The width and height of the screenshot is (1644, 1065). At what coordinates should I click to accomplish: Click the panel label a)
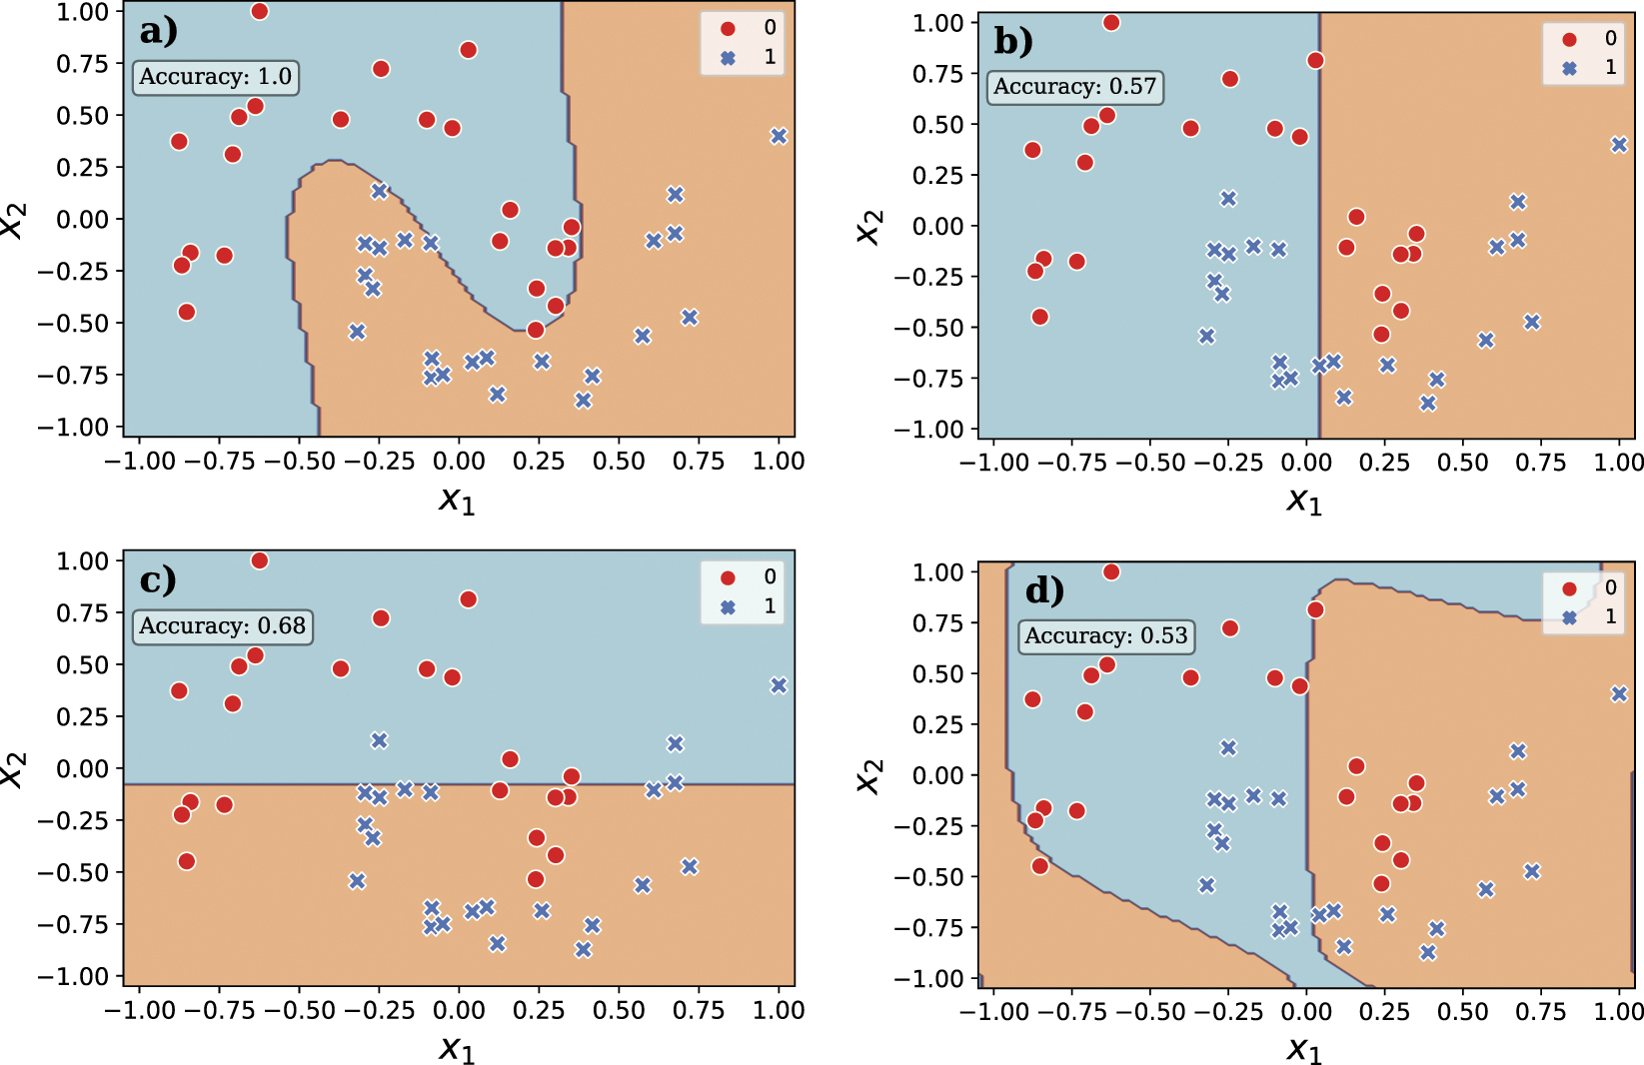[158, 32]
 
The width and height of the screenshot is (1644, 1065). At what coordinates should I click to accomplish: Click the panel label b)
[1013, 41]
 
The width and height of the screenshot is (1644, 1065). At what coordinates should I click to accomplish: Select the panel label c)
[158, 580]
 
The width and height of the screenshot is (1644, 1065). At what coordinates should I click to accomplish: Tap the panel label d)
[1044, 590]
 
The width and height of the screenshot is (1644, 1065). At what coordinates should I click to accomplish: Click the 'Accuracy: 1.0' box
[216, 77]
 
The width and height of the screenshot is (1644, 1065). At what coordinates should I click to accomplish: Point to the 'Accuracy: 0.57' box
[1074, 87]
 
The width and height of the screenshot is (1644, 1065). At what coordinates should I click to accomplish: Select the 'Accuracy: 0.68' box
[222, 626]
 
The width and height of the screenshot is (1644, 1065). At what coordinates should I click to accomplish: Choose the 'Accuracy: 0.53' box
[1106, 636]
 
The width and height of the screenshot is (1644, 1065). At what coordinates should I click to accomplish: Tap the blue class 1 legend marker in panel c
[728, 606]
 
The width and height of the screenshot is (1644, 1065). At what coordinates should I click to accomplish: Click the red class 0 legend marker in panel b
[1569, 39]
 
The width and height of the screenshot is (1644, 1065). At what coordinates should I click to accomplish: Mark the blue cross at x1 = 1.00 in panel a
[779, 136]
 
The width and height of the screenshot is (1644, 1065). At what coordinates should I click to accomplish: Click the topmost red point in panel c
[259, 560]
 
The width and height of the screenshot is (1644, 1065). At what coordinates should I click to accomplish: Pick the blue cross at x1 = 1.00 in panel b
[1619, 145]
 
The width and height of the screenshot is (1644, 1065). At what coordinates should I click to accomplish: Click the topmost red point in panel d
[1111, 571]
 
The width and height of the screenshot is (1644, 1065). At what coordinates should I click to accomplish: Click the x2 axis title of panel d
[868, 775]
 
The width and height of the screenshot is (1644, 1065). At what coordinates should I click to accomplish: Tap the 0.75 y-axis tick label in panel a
[82, 64]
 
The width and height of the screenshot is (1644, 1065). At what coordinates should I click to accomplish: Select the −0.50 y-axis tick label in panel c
[73, 872]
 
